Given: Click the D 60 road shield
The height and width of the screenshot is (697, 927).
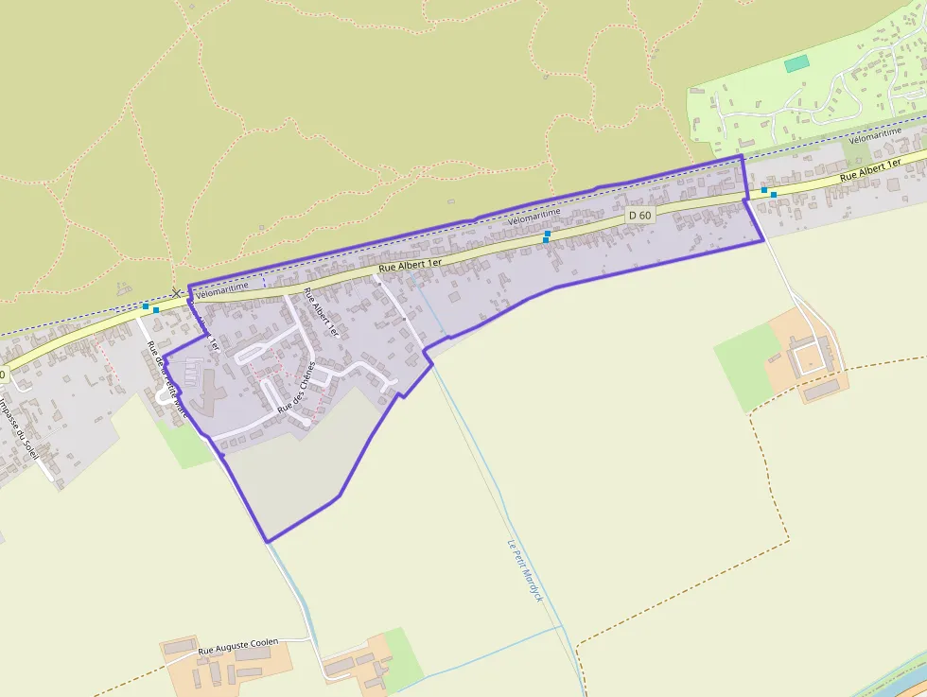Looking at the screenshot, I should click(640, 216).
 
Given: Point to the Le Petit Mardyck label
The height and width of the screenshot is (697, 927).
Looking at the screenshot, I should click(524, 570).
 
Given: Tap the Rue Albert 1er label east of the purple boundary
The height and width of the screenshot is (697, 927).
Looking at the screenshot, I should click(870, 170).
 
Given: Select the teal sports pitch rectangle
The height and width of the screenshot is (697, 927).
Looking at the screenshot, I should click(797, 63).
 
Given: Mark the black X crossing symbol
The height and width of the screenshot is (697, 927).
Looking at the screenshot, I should click(177, 294).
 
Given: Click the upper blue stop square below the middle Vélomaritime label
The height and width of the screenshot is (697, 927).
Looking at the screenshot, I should click(548, 233).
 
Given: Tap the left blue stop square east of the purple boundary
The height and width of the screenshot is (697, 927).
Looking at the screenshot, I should click(764, 190).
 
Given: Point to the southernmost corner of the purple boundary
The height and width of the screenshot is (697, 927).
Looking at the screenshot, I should click(268, 542).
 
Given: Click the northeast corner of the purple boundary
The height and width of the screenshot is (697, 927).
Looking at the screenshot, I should click(743, 156).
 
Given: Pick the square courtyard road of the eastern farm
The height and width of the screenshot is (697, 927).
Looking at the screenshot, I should click(810, 357).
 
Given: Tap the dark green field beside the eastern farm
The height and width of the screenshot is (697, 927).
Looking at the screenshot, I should click(747, 364).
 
